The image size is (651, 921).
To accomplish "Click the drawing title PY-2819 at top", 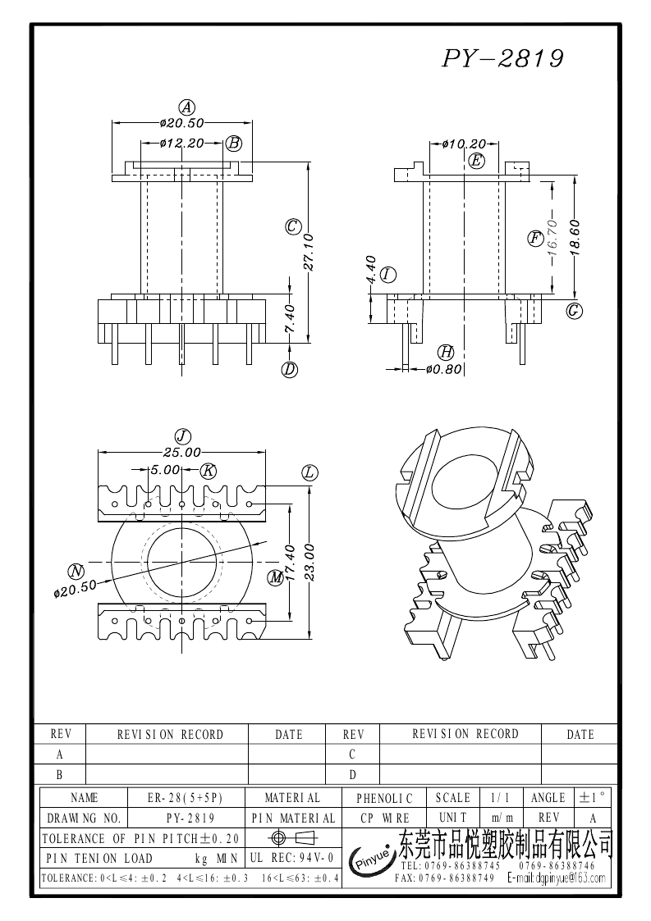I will (x=503, y=59).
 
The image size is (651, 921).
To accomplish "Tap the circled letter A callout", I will (x=187, y=107).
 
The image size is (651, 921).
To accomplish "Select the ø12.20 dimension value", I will (x=181, y=143).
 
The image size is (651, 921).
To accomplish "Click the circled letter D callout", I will (x=289, y=370).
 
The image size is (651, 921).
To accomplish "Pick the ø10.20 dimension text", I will (x=464, y=144).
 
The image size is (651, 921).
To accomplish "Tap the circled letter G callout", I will (x=575, y=311).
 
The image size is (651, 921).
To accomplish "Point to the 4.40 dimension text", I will (x=369, y=270).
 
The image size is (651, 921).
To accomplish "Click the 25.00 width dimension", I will (x=181, y=451).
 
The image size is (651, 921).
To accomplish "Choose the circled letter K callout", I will (x=209, y=470).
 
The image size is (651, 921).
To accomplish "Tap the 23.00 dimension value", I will (x=309, y=561).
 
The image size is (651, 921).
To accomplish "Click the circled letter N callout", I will (x=76, y=571).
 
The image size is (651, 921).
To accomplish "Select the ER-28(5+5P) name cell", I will (x=186, y=797).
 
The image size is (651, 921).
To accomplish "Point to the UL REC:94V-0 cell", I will (x=291, y=858).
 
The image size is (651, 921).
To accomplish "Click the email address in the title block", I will (x=558, y=878).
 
